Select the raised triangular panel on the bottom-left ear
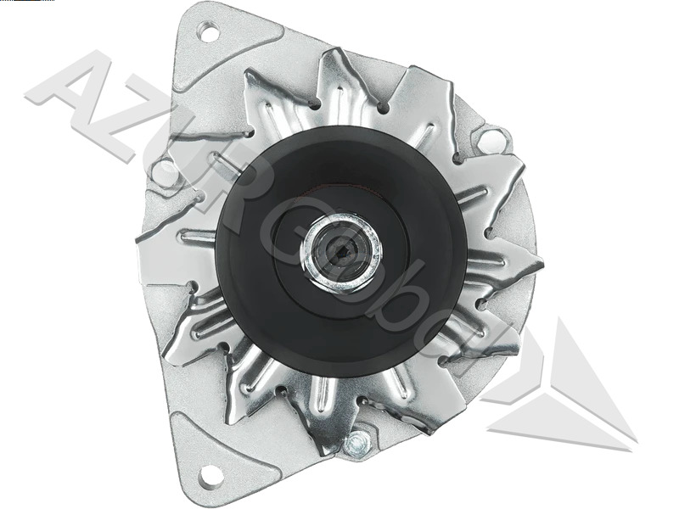point(204,441)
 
